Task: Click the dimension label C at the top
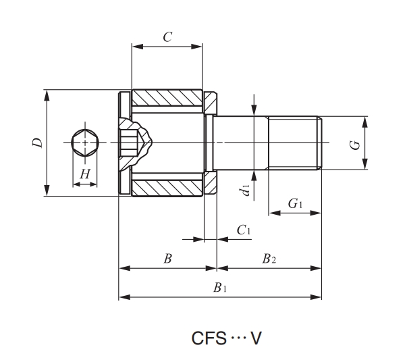click(x=167, y=37)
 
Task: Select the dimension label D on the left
click(x=38, y=143)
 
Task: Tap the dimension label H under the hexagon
click(x=84, y=174)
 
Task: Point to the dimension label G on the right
click(x=355, y=143)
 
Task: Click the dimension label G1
click(x=295, y=203)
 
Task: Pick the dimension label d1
click(x=246, y=188)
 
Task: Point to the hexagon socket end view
click(x=84, y=143)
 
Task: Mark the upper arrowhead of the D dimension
click(x=47, y=94)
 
